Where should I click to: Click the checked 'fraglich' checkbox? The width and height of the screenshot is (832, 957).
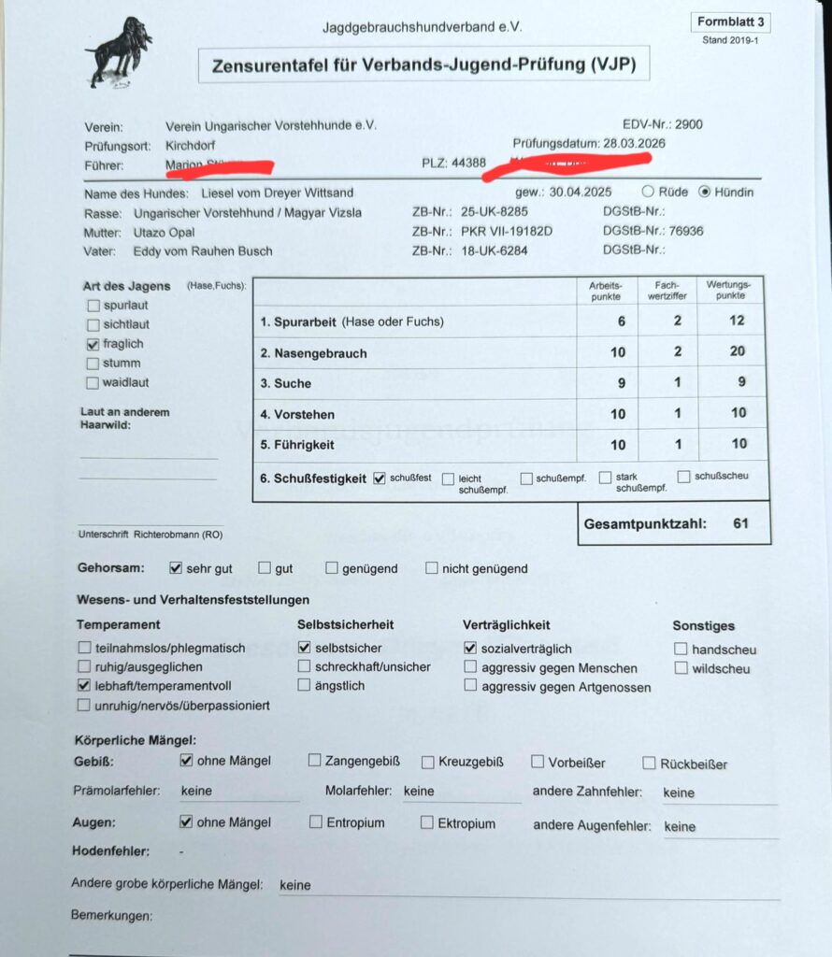(93, 344)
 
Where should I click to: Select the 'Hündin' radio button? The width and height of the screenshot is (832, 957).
(706, 192)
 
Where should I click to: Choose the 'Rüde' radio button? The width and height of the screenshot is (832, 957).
(648, 192)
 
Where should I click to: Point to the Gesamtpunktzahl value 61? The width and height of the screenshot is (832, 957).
(740, 523)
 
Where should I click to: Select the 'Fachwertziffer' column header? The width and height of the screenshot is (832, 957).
(667, 291)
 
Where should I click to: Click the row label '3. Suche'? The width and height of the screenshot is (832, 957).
(286, 383)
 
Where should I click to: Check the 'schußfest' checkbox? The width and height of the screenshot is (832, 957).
(380, 478)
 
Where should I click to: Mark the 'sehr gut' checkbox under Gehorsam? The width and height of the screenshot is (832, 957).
(176, 567)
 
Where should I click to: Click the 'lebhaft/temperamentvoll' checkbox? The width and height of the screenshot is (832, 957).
(85, 686)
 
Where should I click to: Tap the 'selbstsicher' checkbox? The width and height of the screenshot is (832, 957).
(304, 647)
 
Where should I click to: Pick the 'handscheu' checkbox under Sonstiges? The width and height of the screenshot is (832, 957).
(681, 649)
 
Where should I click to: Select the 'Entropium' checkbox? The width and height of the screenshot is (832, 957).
(315, 822)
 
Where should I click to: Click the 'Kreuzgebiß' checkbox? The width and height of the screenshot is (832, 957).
(428, 762)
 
